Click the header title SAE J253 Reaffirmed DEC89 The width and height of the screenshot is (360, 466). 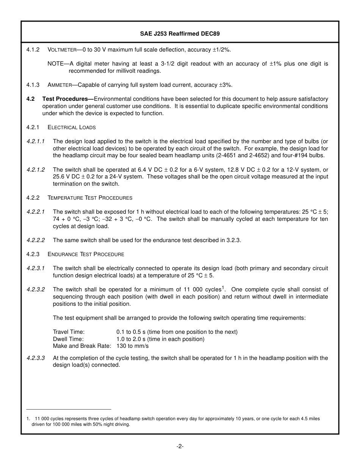[x=180, y=34]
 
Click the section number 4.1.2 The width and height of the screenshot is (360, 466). [x=33, y=50]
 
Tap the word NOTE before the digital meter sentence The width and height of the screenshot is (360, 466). [x=55, y=64]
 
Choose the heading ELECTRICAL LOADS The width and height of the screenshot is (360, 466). [x=72, y=127]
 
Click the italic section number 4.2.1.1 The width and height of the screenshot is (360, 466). [x=36, y=141]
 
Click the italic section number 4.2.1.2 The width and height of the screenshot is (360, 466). [x=36, y=170]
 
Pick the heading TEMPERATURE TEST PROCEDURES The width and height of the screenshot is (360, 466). [x=90, y=198]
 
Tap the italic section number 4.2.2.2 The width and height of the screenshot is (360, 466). [x=36, y=240]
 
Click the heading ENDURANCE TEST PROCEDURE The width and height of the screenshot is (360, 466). [x=86, y=254]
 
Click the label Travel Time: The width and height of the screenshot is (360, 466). [x=69, y=332]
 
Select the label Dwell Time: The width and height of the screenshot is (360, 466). [x=68, y=339]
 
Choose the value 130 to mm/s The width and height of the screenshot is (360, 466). [x=132, y=346]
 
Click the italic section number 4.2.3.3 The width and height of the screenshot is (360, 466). [x=36, y=358]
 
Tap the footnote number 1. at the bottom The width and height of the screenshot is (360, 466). [x=28, y=419]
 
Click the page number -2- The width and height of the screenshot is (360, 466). [x=180, y=446]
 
